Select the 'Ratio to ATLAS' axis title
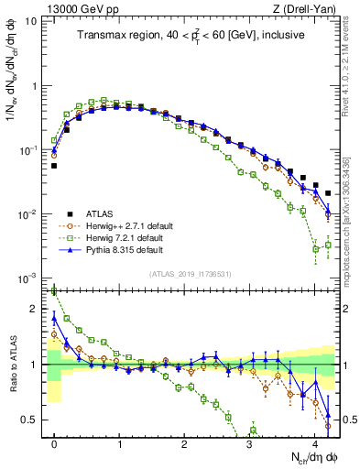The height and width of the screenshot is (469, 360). [x=16, y=364]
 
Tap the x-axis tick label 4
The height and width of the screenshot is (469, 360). [x=314, y=445]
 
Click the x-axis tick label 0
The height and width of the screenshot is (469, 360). [x=54, y=445]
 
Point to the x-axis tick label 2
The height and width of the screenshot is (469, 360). [x=184, y=445]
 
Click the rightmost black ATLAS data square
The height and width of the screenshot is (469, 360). [x=328, y=193]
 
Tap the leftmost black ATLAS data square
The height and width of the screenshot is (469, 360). [x=54, y=166]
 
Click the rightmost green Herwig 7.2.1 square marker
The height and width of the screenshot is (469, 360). [x=328, y=245]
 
